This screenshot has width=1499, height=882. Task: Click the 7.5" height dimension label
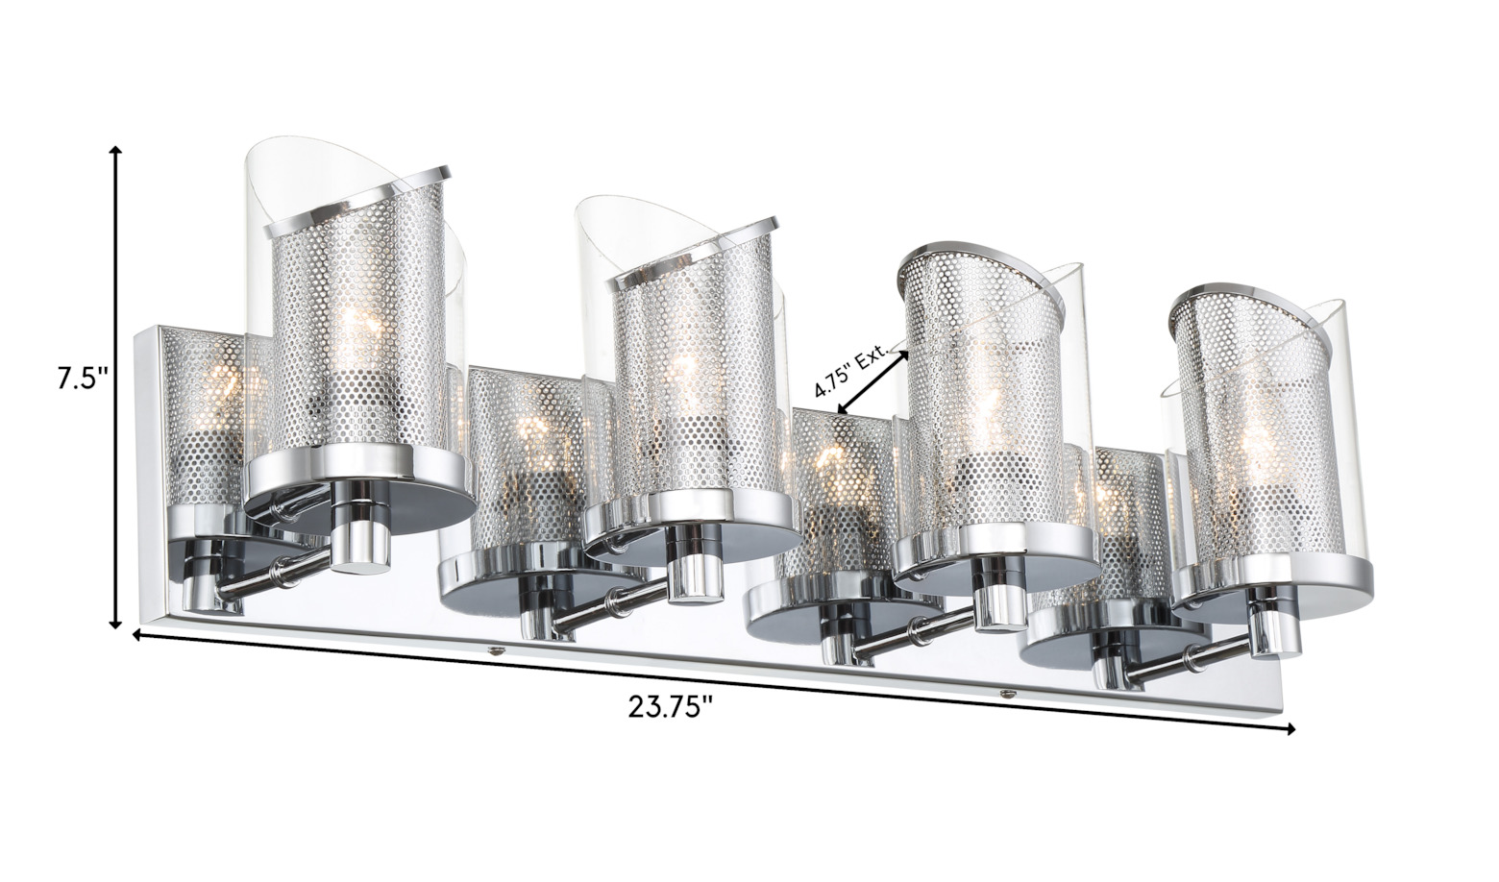tap(83, 379)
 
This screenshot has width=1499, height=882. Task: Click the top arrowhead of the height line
tap(115, 152)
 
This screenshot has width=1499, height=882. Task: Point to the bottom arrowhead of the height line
tap(115, 623)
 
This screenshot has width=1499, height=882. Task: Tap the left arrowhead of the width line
tap(137, 635)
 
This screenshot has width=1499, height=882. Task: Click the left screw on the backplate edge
tap(495, 649)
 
